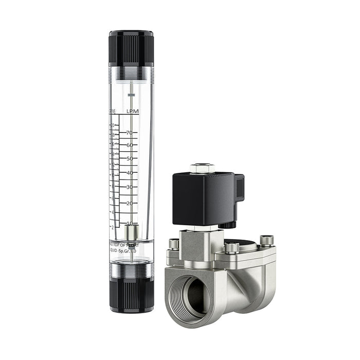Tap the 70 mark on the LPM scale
click(x=130, y=133)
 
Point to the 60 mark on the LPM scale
click(x=130, y=145)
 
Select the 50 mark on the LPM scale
click(x=130, y=159)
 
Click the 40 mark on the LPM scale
click(x=130, y=173)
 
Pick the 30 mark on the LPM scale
click(x=130, y=187)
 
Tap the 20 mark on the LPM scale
click(x=130, y=203)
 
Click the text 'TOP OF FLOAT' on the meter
click(x=124, y=245)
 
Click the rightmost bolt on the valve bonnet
click(x=266, y=241)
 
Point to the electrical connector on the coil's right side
click(x=239, y=189)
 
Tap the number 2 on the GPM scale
click(x=113, y=227)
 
